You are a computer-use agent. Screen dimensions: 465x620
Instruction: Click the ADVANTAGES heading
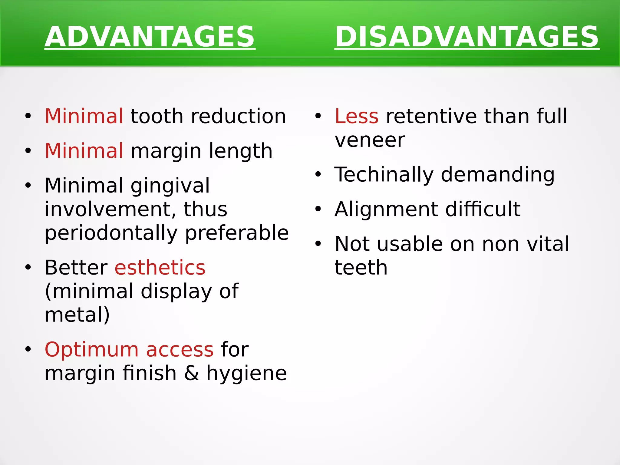coord(150,37)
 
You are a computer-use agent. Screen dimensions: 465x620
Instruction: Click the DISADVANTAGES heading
coord(467,37)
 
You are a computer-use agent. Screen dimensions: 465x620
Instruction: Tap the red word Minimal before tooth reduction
coord(84,116)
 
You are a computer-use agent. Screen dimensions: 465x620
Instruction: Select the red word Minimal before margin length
coord(84,151)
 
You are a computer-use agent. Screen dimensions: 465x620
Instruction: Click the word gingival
coord(170,186)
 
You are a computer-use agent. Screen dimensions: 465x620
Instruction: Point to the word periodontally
coord(111,233)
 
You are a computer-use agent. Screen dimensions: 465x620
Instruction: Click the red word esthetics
coord(160,268)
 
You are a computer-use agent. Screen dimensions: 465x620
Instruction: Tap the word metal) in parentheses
coord(77,315)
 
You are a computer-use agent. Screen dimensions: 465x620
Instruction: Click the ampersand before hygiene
coord(191,373)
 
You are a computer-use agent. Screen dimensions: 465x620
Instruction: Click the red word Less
coord(356,116)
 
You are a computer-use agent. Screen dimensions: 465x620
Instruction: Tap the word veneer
coord(370,140)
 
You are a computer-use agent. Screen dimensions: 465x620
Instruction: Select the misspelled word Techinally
coord(384,175)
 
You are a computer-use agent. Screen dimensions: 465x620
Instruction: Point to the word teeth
coord(361,268)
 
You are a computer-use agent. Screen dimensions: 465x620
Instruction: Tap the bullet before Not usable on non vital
coord(318,244)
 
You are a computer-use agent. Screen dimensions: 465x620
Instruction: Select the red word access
coord(180,350)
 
